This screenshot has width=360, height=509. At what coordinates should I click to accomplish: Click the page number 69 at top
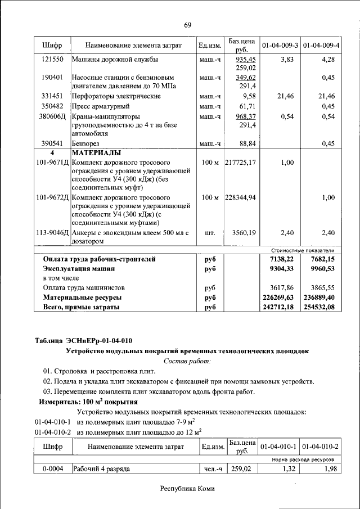[x=187, y=25]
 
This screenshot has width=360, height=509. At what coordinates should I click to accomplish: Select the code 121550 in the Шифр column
[x=52, y=59]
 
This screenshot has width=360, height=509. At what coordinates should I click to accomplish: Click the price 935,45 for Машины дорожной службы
[x=245, y=59]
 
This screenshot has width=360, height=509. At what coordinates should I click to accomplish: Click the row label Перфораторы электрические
[x=116, y=96]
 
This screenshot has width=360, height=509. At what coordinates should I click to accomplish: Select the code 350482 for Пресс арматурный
[x=52, y=106]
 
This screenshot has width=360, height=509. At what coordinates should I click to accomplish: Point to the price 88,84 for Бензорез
[x=247, y=143]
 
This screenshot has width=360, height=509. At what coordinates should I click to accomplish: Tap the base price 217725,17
[x=240, y=163]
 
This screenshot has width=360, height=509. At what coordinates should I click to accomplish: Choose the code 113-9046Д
[x=52, y=232]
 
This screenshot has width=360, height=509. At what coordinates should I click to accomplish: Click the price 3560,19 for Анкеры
[x=244, y=232]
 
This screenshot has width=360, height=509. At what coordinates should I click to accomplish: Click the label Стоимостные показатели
[x=303, y=250]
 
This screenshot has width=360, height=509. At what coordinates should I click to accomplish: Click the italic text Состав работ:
[x=187, y=361]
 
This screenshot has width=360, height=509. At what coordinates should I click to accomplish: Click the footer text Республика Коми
[x=187, y=489]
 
